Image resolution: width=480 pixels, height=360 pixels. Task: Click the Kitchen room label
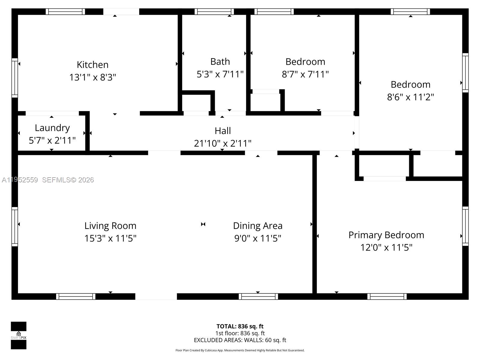(x=92, y=65)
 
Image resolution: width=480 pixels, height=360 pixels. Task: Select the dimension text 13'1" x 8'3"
(x=92, y=77)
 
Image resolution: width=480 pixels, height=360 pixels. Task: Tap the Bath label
(x=220, y=61)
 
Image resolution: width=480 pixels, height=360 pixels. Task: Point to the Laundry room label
(x=52, y=128)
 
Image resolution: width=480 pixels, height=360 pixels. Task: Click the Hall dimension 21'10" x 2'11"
(x=223, y=143)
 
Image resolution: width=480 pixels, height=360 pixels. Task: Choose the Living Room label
(x=110, y=226)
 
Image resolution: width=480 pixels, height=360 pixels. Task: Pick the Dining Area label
(x=258, y=226)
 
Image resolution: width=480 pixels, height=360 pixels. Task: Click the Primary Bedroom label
(x=386, y=235)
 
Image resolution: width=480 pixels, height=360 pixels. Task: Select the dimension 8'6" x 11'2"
(x=410, y=97)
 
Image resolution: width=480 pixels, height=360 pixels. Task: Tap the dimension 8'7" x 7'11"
(x=305, y=74)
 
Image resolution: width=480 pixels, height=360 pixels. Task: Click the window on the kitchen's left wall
(x=15, y=78)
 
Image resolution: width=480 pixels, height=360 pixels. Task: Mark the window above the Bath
(x=214, y=12)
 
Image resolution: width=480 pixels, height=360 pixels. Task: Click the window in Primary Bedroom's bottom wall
(x=387, y=296)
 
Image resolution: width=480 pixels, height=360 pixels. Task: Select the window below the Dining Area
(x=258, y=296)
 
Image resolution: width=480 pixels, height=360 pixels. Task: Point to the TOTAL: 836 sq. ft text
(x=240, y=326)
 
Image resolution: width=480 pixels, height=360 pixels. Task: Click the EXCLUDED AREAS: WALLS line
(x=240, y=340)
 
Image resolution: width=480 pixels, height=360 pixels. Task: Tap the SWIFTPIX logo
(x=19, y=335)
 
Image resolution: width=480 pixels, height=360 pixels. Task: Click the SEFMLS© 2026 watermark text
(x=68, y=180)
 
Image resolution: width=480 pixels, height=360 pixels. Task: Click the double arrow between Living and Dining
(x=203, y=224)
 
